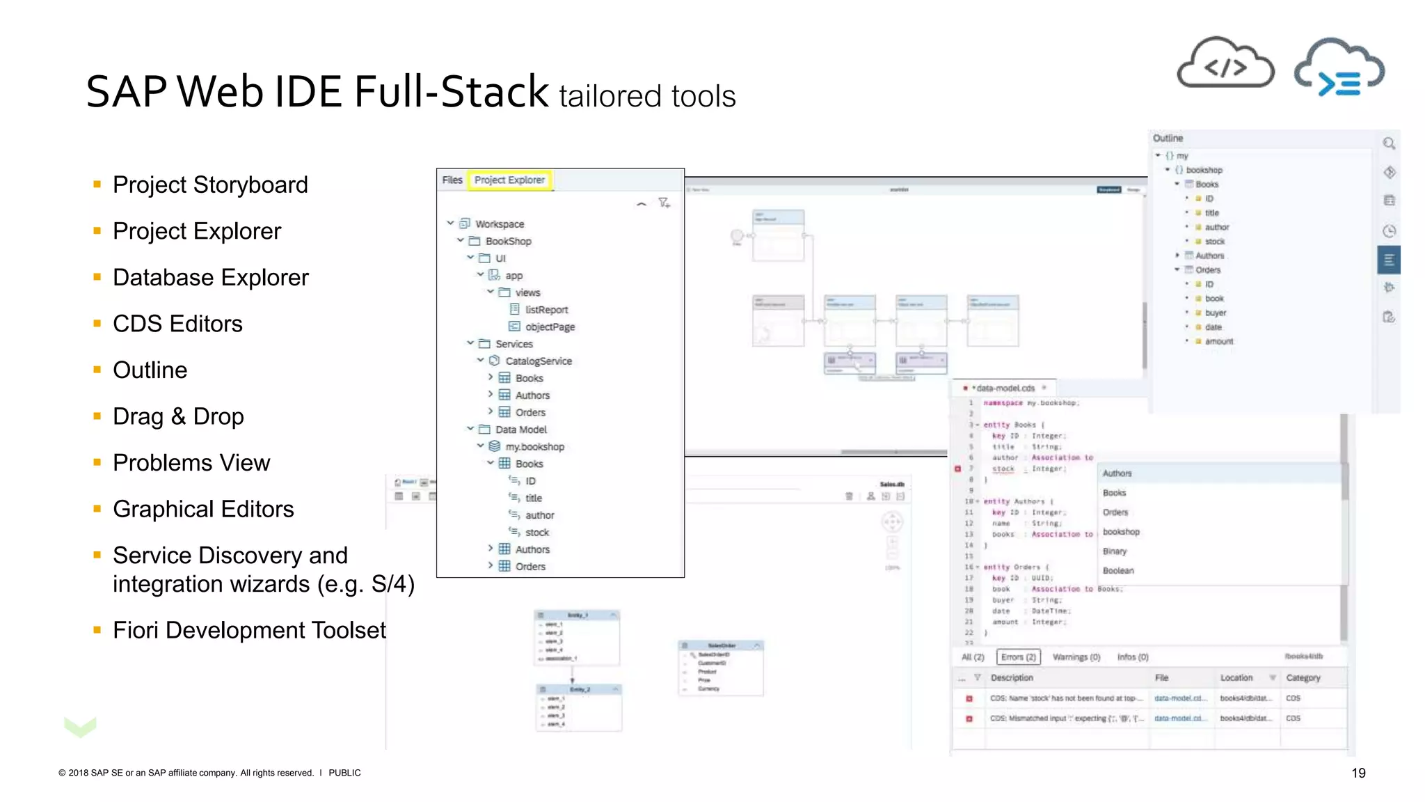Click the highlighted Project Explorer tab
(x=509, y=180)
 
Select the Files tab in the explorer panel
(x=452, y=180)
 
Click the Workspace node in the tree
(x=499, y=224)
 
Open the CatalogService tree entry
(x=538, y=361)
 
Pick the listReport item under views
(x=546, y=310)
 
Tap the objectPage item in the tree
(x=550, y=327)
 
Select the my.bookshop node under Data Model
(x=534, y=447)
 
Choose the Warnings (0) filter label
(x=1076, y=657)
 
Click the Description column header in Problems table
(x=1012, y=678)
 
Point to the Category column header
(x=1303, y=678)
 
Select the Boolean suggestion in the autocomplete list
(x=1118, y=571)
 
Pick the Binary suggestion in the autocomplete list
(x=1115, y=551)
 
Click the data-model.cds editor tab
(x=1005, y=388)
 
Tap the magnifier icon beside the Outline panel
(x=1389, y=143)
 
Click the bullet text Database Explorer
(x=210, y=278)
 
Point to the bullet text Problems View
(x=191, y=463)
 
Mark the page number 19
(x=1358, y=773)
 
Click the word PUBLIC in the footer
(x=344, y=773)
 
